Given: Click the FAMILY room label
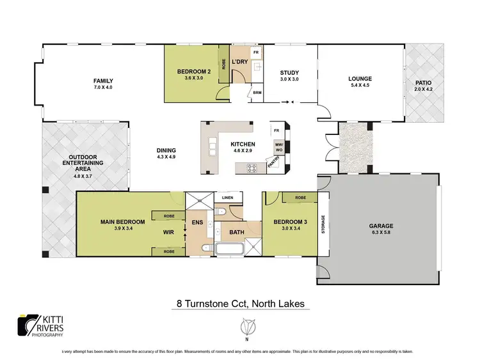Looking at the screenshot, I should (x=102, y=81).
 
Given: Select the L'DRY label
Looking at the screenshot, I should (x=240, y=61).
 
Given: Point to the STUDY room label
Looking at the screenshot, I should (x=289, y=72).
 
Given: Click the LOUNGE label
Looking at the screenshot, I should (x=360, y=79).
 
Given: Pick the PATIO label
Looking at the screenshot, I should (x=424, y=82).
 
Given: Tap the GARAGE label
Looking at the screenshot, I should (x=380, y=226).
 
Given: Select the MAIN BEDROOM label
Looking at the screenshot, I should (x=122, y=222).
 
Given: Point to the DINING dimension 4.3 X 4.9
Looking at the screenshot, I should (x=166, y=157).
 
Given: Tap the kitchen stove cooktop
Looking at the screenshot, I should (x=252, y=169).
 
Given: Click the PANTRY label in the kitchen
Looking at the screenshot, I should (x=273, y=166).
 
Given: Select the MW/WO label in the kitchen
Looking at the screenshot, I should (x=279, y=147).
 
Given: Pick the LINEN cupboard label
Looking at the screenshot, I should (x=227, y=198).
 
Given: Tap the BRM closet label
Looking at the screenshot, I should (x=257, y=93).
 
